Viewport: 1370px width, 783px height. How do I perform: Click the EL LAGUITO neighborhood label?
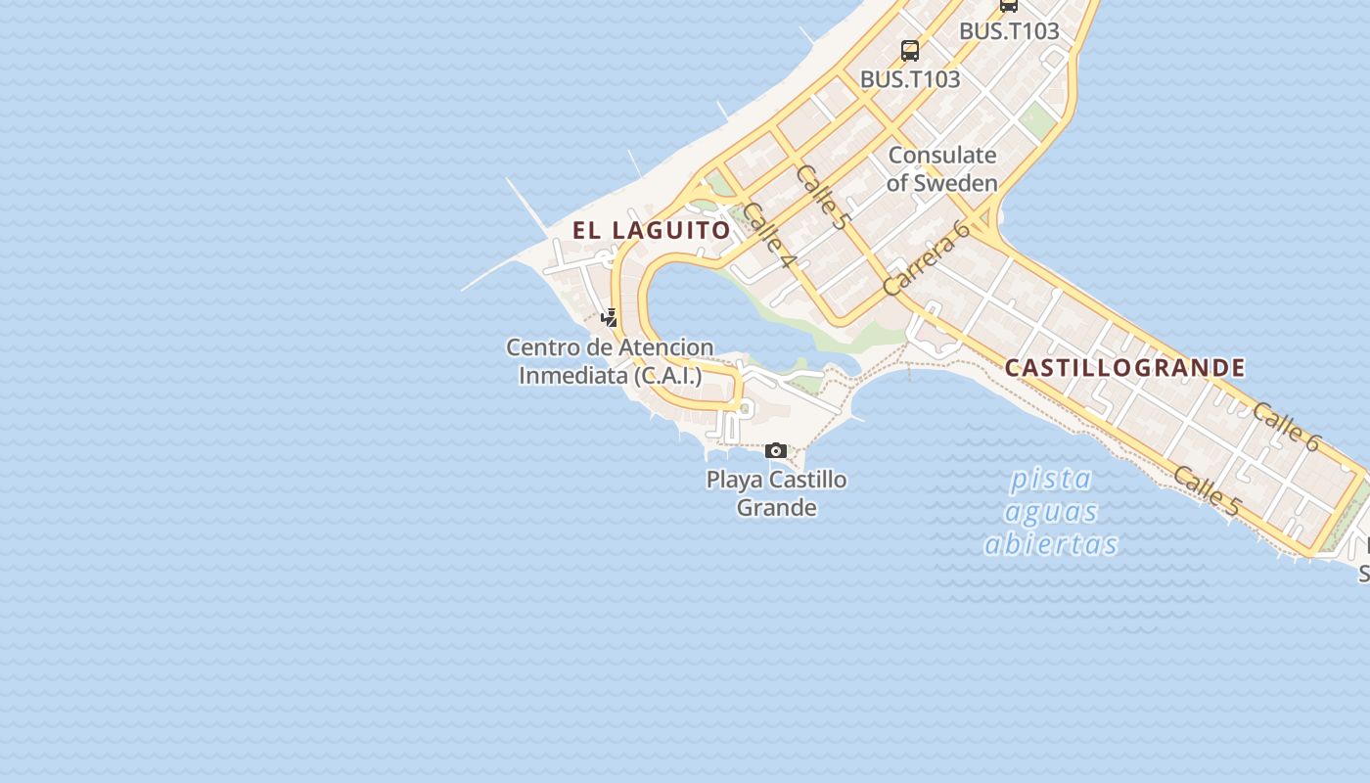click(652, 230)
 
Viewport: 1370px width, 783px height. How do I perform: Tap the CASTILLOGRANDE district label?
click(1125, 368)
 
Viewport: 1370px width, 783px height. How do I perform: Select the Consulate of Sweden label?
click(941, 168)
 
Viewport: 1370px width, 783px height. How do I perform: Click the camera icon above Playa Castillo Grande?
click(776, 451)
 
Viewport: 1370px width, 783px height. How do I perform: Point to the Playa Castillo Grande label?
click(777, 493)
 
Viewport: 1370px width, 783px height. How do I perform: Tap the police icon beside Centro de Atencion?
click(610, 317)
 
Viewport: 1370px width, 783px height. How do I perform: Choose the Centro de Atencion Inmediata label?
click(610, 361)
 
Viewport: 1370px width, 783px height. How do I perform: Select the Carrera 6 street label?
click(925, 258)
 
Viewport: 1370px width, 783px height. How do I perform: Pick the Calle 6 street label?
click(1285, 427)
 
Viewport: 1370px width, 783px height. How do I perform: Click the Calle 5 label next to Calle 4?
click(821, 197)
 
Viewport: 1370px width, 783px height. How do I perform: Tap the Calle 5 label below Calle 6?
click(1206, 491)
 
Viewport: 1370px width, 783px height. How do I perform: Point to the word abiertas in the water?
click(1051, 544)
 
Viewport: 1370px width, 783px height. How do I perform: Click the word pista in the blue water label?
click(1051, 480)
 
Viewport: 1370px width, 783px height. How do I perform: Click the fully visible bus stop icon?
click(910, 51)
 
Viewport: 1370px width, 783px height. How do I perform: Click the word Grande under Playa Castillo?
click(776, 507)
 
